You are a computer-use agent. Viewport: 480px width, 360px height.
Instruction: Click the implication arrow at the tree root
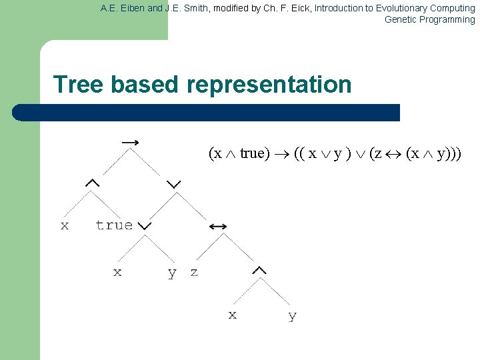[131, 142]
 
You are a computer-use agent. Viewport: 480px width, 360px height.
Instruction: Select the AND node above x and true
[92, 183]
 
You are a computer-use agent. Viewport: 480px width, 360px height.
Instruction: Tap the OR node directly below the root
[174, 183]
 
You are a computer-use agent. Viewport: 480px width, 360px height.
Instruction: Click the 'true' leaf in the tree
[113, 225]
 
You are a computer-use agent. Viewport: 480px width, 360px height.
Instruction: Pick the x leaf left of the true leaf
[65, 225]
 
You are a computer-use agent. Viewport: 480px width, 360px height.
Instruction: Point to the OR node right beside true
[145, 226]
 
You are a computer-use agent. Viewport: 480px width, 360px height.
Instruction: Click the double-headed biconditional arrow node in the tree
[217, 227]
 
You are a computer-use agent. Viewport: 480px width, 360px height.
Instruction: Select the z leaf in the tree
[194, 272]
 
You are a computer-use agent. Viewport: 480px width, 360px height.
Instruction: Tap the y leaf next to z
[172, 273]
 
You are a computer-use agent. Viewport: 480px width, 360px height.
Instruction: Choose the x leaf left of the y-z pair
[117, 272]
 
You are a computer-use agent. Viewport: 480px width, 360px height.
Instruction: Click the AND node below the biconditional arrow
[259, 271]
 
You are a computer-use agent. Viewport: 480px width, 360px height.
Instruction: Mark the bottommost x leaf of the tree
[232, 315]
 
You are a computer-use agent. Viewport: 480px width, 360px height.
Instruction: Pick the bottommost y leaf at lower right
[292, 316]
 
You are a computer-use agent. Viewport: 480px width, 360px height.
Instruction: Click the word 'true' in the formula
[252, 153]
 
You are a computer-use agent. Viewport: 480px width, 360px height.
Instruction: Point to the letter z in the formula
[377, 153]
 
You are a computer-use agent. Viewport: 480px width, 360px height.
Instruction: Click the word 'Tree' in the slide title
[79, 85]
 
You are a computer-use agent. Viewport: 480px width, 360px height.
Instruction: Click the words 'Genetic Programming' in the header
[429, 19]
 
